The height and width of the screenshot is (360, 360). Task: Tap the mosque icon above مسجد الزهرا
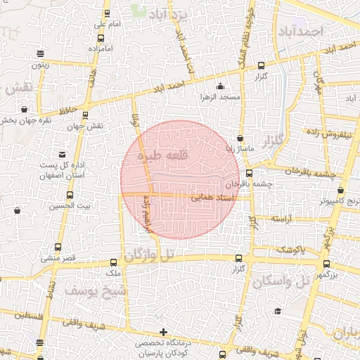click(x=221, y=87)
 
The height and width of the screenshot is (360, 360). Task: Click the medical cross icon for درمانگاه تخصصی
click(x=163, y=332)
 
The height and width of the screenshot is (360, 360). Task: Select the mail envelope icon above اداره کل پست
click(x=64, y=154)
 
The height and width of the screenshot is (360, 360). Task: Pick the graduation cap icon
click(x=278, y=311)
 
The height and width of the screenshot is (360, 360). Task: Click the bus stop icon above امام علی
click(x=105, y=13)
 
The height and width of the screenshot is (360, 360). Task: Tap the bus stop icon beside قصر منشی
click(x=58, y=247)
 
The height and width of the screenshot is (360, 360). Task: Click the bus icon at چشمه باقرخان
click(x=250, y=172)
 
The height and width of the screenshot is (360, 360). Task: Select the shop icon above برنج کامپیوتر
click(x=341, y=190)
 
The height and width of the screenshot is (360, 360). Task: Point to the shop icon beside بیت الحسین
click(x=17, y=210)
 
